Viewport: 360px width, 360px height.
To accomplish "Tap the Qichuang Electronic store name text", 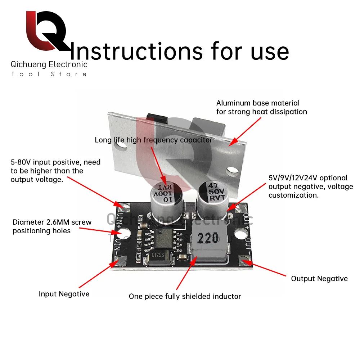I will [x=49, y=65].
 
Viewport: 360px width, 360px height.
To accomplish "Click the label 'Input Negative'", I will [x=64, y=294].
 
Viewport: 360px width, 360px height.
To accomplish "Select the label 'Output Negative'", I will [x=319, y=279].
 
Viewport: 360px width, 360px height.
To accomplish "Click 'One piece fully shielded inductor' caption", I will [x=185, y=297].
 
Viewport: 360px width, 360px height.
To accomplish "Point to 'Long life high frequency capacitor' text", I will [x=153, y=140].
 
